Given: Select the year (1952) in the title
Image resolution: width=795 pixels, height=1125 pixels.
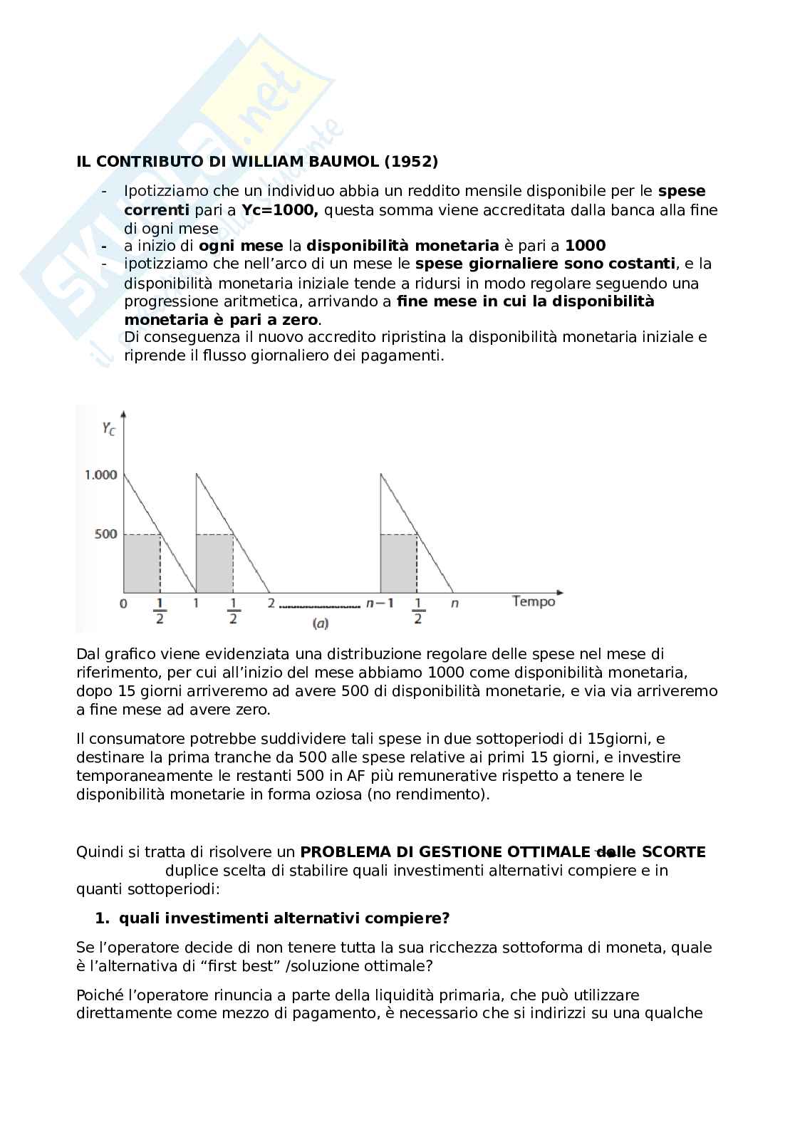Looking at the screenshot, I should pos(411,162).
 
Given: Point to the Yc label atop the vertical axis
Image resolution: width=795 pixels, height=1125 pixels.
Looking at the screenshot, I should pos(108,429).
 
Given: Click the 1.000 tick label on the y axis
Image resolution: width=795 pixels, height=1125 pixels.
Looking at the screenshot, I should pos(100,475).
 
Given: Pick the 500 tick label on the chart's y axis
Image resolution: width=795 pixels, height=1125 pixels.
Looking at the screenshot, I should pos(105,534).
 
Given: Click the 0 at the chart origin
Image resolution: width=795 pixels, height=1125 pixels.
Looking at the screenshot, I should pos(124,603).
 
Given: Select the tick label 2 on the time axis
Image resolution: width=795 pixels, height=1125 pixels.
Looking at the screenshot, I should pos(271,603).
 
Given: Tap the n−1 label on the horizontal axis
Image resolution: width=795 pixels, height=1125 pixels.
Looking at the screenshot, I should pos(380,603).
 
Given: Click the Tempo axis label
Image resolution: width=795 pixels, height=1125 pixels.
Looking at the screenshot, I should pos(534,602).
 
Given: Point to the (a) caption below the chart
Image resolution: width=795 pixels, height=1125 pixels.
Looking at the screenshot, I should pos(321,623).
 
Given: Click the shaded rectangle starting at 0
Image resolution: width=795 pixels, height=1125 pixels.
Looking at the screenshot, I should pos(142,564).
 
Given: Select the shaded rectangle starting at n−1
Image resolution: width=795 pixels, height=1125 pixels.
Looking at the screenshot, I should pos(398,564).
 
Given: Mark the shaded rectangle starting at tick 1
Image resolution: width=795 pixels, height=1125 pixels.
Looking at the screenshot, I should pos(214,564).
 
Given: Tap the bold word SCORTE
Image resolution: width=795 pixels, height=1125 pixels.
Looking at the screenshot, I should pos(673,852).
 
